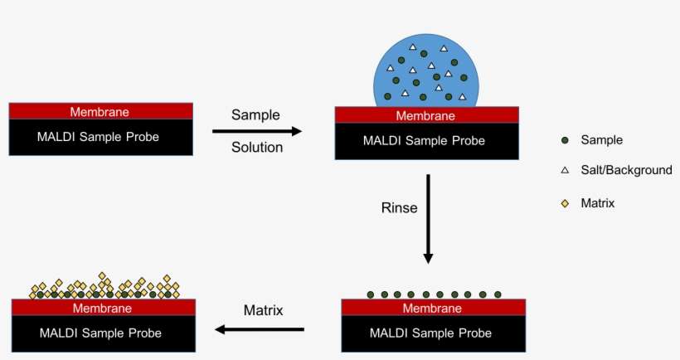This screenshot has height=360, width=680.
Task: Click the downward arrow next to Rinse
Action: click(428, 218)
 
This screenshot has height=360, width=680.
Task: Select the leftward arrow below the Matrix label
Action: click(260, 329)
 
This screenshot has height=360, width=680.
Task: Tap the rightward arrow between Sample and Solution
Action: click(256, 131)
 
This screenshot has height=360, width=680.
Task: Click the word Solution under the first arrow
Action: click(256, 148)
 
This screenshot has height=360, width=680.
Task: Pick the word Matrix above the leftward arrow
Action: click(263, 311)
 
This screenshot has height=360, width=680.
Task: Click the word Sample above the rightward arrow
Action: click(255, 114)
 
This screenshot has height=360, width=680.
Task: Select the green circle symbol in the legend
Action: click(565, 141)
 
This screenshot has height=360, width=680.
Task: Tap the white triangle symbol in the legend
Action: click(565, 171)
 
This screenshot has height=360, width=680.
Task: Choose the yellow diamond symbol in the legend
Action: click(565, 202)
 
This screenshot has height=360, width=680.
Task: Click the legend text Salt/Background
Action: click(626, 170)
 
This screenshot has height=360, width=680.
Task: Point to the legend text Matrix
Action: click(598, 202)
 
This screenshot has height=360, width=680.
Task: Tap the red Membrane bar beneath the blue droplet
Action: click(426, 115)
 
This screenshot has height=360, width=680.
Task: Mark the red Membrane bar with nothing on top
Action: click(100, 111)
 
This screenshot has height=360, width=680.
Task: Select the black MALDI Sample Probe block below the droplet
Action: click(426, 141)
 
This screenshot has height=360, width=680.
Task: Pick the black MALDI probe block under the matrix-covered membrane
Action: click(103, 333)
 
